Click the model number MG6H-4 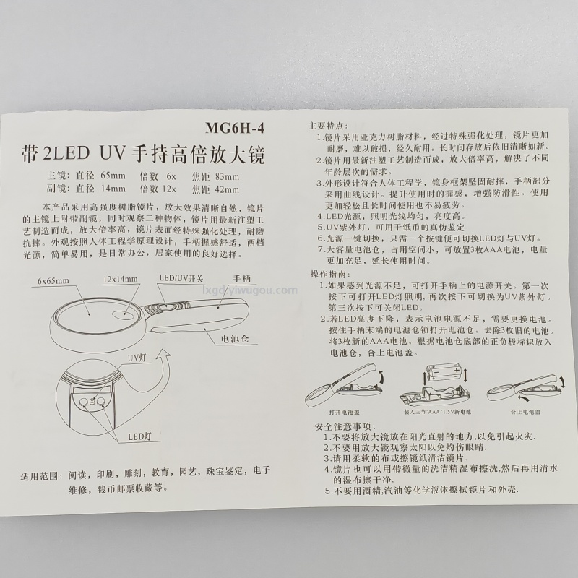coord(235,128)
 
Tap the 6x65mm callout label coord(53,281)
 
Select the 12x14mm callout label coord(120,279)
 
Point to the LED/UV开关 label coord(181,278)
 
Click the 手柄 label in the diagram coord(241,278)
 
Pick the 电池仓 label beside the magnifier coord(235,339)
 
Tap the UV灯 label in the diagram coord(137,358)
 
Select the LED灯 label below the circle coord(139,437)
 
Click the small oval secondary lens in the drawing coord(124,314)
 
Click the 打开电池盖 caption coord(345,412)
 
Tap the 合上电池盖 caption coord(526,412)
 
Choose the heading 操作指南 coord(330,275)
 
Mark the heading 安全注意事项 coord(345,426)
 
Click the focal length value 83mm coord(227,176)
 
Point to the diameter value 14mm coord(113,189)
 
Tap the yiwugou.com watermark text coord(250,290)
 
